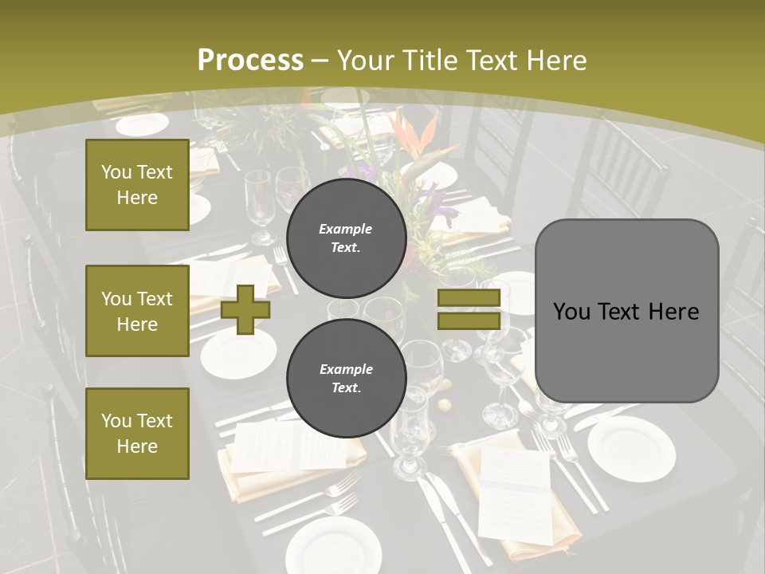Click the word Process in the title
[250, 61]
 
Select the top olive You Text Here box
[137, 185]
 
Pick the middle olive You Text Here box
[137, 311]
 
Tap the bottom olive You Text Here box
[137, 433]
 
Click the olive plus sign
[245, 310]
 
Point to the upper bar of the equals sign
[469, 298]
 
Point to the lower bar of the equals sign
[469, 320]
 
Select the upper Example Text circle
[346, 238]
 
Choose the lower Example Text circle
[346, 379]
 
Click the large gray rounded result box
[626, 310]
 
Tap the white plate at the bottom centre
[322, 545]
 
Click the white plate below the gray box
[631, 447]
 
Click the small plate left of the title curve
[142, 124]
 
